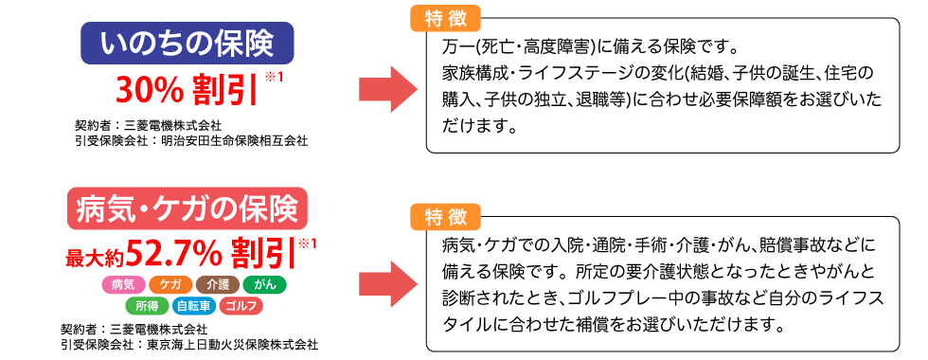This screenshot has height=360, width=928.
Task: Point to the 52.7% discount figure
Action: pos(180,253)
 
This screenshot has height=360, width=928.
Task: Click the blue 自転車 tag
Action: pos(193,306)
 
